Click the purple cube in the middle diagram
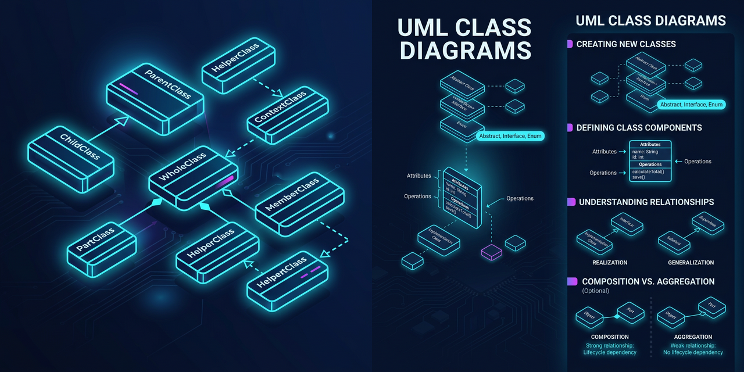pos(491,252)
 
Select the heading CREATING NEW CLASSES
pos(626,44)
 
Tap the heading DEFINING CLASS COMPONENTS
pos(639,128)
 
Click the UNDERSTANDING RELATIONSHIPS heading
pos(646,202)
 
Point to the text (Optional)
pos(595,291)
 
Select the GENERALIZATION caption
pos(691,263)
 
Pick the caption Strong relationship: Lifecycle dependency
pos(610,349)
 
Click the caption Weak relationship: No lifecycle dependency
pos(693,349)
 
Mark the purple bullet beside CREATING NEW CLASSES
pos(570,44)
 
